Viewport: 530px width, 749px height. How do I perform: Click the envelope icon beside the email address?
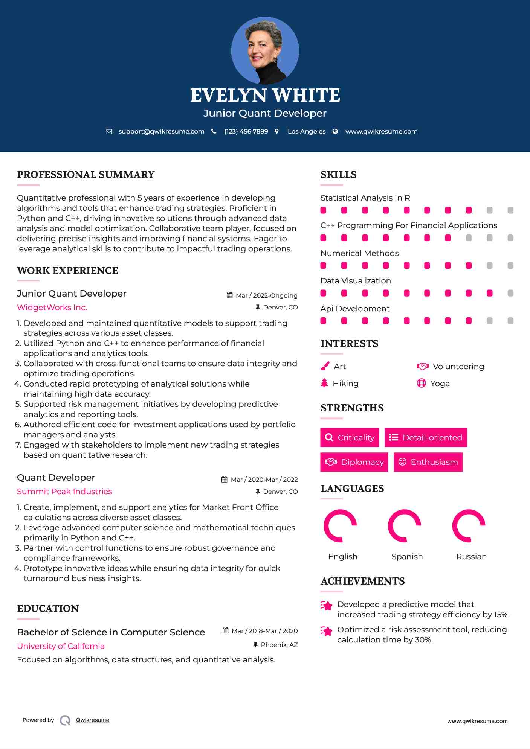click(109, 132)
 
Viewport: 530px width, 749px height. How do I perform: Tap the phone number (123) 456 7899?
click(246, 132)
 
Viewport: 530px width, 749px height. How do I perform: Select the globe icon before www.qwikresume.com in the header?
click(335, 132)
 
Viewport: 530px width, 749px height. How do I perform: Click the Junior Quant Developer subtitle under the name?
click(265, 113)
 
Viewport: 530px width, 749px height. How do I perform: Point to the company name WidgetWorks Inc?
click(52, 308)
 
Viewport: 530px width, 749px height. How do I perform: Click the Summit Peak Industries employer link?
click(64, 492)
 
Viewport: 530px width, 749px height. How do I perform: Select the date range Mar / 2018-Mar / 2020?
click(264, 631)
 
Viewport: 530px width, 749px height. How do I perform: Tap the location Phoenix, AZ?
click(279, 645)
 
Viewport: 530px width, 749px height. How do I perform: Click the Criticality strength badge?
click(350, 437)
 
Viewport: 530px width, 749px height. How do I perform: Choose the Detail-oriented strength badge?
click(426, 437)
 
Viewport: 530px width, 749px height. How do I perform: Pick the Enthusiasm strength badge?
click(428, 462)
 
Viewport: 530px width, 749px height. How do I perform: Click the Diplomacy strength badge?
click(354, 462)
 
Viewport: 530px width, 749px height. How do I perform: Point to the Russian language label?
click(471, 557)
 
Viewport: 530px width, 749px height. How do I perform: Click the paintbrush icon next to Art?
click(325, 366)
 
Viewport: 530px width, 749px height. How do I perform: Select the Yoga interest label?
click(440, 384)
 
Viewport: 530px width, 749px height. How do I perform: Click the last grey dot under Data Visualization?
click(510, 293)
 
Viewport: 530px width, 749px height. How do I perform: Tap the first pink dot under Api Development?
click(323, 321)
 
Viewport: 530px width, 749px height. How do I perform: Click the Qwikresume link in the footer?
click(93, 720)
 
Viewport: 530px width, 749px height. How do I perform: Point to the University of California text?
click(61, 646)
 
